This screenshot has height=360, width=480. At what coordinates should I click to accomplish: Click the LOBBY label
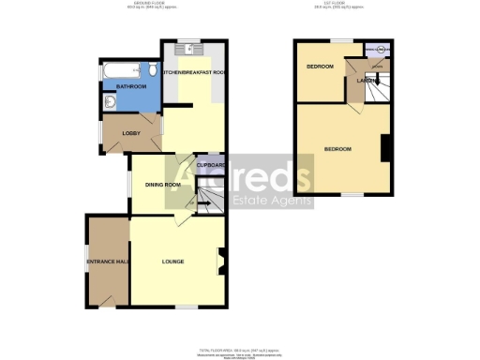tap(132, 132)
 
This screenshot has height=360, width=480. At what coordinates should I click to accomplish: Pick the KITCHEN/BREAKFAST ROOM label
tap(194, 72)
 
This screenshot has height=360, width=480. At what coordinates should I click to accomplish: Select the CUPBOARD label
tap(211, 165)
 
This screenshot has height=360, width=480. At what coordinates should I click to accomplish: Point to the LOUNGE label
tap(172, 261)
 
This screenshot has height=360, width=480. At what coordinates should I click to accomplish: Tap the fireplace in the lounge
tap(221, 260)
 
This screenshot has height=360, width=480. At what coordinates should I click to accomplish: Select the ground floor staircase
tap(213, 198)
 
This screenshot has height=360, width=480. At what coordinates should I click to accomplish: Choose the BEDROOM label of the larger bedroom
tap(337, 150)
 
